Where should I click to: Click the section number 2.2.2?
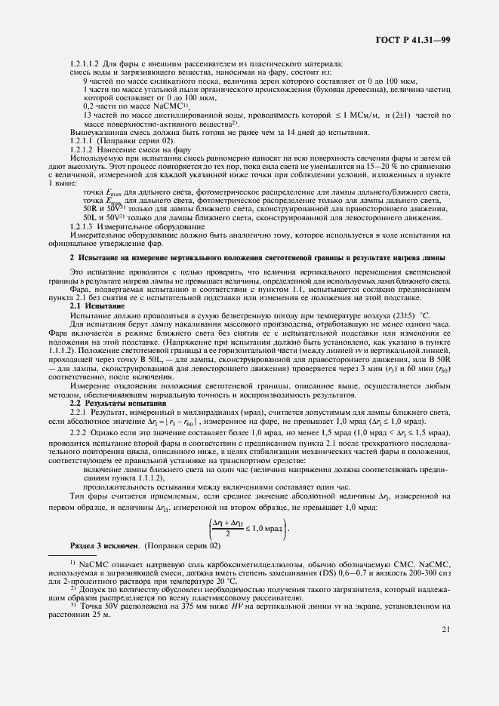[x=81, y=435]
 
